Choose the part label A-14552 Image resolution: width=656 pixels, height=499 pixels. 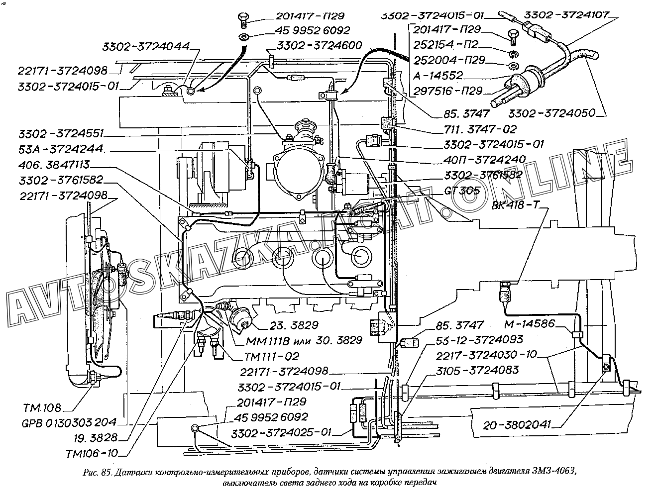(437, 76)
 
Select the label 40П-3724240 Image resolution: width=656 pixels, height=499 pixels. (483, 159)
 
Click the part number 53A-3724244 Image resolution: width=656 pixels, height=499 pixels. (61, 149)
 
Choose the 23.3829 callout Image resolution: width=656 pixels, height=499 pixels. (295, 326)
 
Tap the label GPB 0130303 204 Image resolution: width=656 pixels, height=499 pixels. (68, 423)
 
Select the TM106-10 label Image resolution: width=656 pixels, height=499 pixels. (92, 453)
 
